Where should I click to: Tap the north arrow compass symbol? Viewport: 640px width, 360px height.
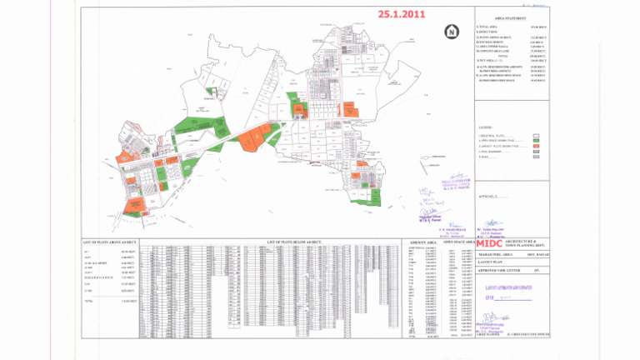pyautogui.click(x=451, y=32)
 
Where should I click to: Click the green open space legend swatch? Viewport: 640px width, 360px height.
pyautogui.click(x=537, y=140)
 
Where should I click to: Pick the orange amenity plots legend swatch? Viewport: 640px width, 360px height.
pyautogui.click(x=537, y=146)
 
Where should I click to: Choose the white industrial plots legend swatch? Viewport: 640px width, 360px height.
pyautogui.click(x=537, y=134)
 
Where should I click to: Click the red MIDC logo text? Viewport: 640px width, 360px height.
pyautogui.click(x=491, y=244)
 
